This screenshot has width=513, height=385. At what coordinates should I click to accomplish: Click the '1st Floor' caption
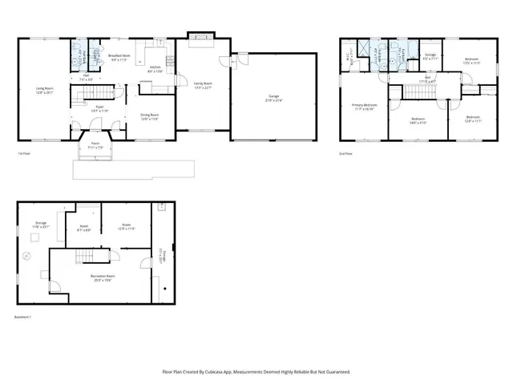pyautogui.click(x=25, y=153)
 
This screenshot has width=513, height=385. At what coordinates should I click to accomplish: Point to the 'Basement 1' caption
pyautogui.click(x=22, y=317)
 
